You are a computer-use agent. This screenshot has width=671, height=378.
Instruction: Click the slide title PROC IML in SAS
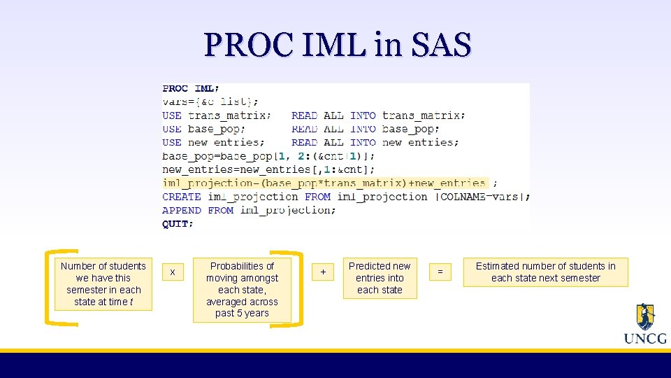338,45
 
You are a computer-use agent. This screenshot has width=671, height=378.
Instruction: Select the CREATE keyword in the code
182,197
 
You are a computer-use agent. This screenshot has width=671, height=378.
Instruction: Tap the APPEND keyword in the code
182,210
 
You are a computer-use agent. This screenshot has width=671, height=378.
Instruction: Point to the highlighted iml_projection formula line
325,183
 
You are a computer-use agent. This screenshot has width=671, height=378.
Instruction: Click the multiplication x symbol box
173,272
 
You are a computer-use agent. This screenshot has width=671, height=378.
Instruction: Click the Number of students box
103,283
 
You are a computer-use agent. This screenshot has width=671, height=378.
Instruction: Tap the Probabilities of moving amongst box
242,290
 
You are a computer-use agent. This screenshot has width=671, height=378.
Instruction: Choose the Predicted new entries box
380,278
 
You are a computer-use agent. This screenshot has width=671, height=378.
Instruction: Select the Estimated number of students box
545,272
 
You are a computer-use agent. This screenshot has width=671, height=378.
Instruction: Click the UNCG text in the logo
644,339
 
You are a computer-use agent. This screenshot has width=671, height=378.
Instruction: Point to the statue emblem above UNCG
645,316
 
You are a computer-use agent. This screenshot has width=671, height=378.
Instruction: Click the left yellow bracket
50,287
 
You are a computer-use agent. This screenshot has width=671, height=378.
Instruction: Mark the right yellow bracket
298,287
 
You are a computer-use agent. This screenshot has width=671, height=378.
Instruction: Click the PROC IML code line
190,89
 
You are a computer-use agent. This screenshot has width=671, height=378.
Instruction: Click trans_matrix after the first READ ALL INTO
423,115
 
